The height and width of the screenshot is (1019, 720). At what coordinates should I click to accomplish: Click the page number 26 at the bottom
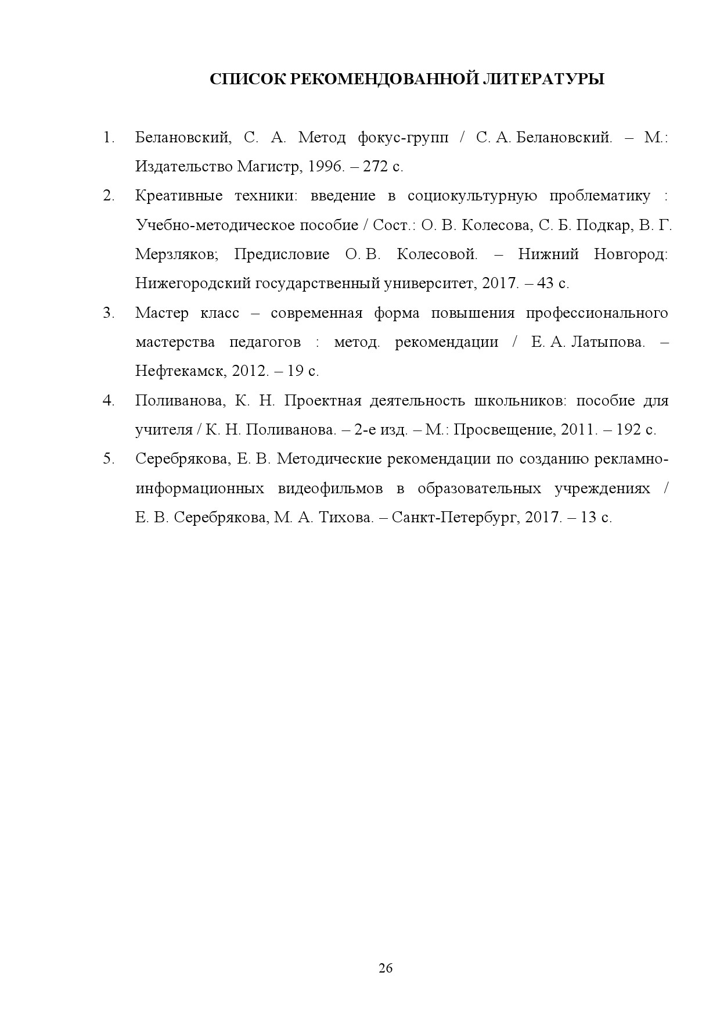[386, 968]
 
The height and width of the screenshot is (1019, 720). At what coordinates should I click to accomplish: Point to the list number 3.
[108, 313]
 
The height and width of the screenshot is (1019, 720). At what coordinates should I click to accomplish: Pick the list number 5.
[108, 459]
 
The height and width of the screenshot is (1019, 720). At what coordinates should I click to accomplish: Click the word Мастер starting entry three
[162, 313]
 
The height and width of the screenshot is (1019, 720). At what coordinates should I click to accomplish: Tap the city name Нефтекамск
[180, 371]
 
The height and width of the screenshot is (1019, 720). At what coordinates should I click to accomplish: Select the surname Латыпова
[607, 342]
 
